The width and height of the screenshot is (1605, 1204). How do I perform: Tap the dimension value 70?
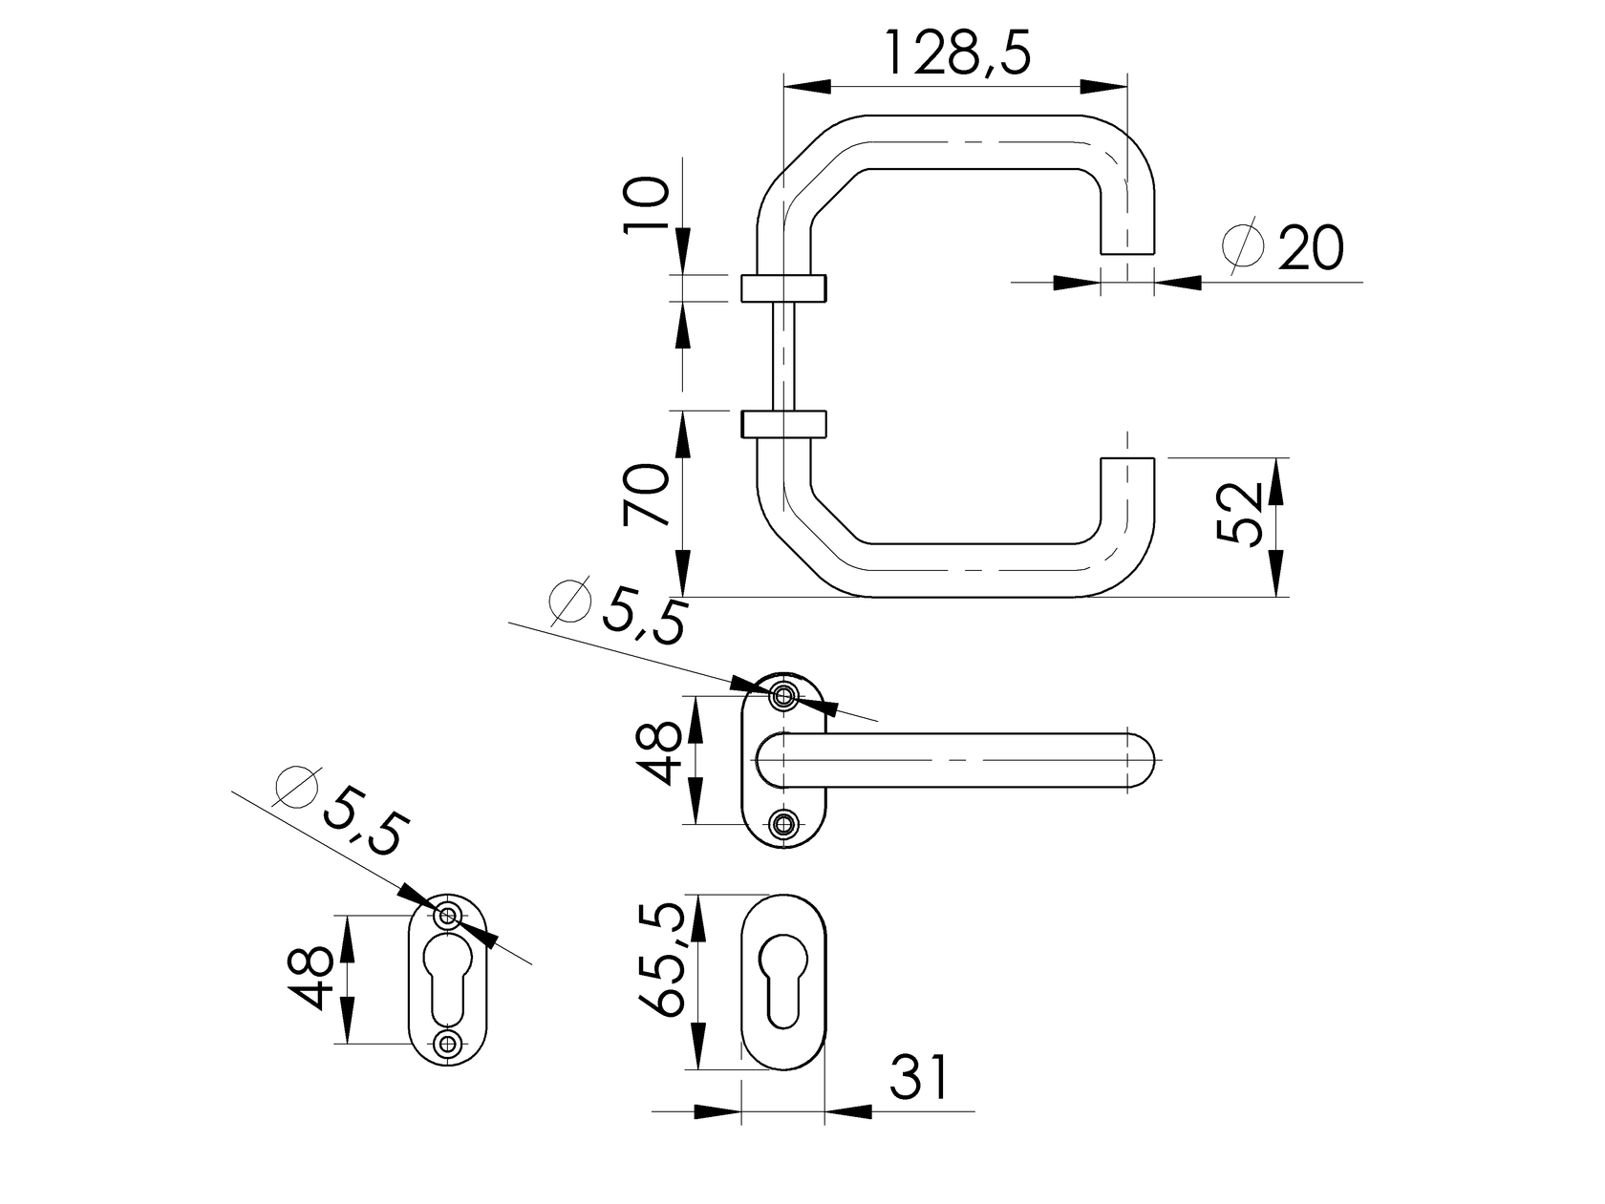pyautogui.click(x=647, y=495)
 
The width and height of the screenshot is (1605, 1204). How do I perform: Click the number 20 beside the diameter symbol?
pyautogui.click(x=1310, y=249)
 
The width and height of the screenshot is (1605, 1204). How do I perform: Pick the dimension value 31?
pyautogui.click(x=921, y=1078)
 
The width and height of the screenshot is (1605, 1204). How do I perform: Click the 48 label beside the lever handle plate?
pyautogui.click(x=661, y=753)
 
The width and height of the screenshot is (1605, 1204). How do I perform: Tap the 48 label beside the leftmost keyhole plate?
pyautogui.click(x=313, y=978)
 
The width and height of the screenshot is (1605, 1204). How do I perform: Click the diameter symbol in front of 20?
pyautogui.click(x=1243, y=246)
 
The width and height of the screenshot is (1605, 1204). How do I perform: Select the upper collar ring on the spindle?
pyautogui.click(x=782, y=287)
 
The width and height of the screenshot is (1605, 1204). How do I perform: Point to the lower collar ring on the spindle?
pyautogui.click(x=782, y=424)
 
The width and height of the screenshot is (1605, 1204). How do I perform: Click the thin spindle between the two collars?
pyautogui.click(x=782, y=355)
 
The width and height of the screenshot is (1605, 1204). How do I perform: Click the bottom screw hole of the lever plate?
pyautogui.click(x=784, y=823)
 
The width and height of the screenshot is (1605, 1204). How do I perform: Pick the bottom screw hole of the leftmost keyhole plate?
pyautogui.click(x=447, y=1043)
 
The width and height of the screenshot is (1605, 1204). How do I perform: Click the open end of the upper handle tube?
pyautogui.click(x=1127, y=250)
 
